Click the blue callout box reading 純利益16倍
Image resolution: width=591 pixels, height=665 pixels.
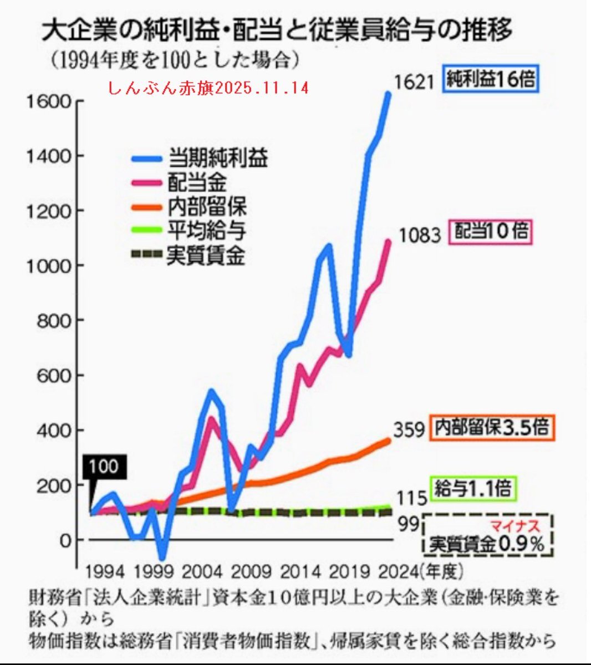(491, 79)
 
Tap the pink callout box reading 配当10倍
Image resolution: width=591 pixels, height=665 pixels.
(491, 232)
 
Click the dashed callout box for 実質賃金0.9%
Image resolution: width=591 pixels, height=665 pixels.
(488, 535)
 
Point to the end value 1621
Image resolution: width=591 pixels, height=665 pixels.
(413, 82)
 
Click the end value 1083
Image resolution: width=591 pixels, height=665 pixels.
(420, 235)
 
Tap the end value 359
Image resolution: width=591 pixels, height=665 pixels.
(409, 429)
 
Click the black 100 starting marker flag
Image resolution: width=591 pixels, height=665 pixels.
(104, 467)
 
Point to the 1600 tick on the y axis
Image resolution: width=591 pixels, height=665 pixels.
(49, 102)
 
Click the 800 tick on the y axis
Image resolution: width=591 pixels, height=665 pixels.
(54, 321)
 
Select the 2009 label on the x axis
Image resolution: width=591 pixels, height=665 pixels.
(251, 571)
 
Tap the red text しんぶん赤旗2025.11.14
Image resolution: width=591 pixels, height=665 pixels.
(208, 88)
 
